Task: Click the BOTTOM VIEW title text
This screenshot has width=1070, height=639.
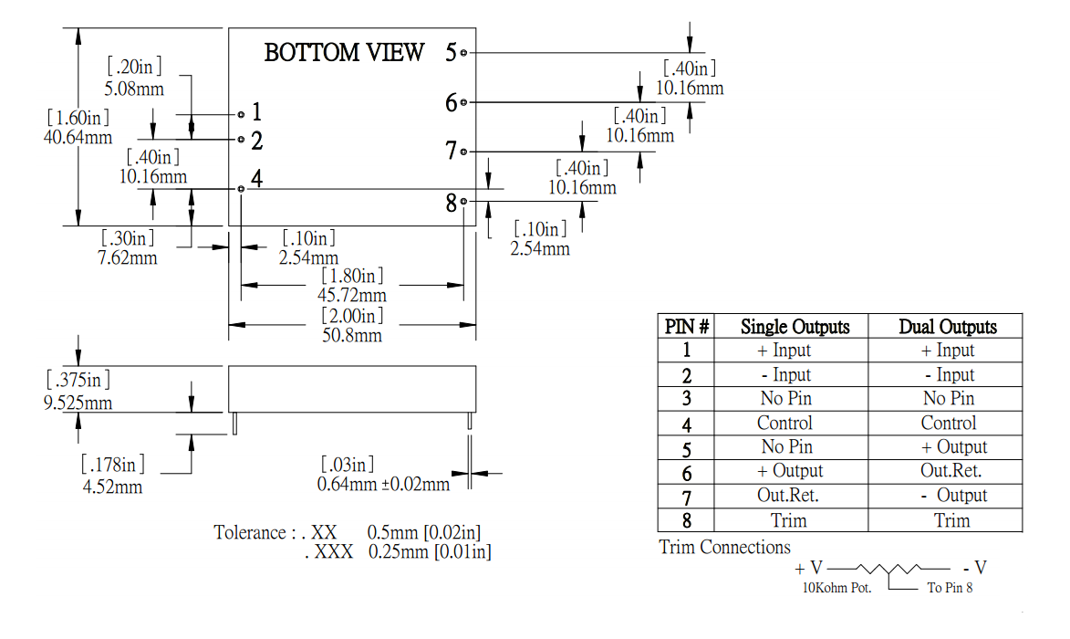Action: [x=344, y=53]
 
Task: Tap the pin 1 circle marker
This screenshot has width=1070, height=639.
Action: [x=241, y=114]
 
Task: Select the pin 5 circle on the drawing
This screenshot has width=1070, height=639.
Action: [x=464, y=53]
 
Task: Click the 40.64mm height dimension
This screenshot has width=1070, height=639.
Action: [x=78, y=137]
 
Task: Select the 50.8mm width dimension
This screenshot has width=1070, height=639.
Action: [x=351, y=335]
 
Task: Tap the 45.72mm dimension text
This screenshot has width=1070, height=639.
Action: [x=351, y=295]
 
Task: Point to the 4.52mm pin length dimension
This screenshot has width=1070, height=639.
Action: [x=112, y=487]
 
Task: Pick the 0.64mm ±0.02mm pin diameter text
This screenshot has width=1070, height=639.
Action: [x=383, y=484]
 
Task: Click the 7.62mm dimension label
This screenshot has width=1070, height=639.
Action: [x=128, y=257]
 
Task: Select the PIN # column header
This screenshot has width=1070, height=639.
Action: [x=687, y=326]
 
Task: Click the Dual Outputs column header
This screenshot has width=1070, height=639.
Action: [x=947, y=326]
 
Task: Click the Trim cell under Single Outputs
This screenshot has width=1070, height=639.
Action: [x=789, y=520]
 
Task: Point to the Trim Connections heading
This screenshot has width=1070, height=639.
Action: [x=724, y=547]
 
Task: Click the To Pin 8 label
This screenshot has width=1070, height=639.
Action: [x=950, y=588]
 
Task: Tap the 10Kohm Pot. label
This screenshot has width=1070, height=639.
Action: [x=836, y=588]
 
